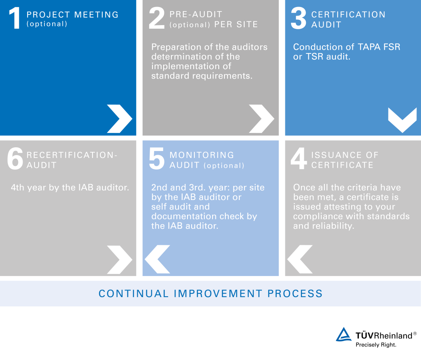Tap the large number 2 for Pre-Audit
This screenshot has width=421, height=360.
[157, 19]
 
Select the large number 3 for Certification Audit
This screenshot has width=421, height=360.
[298, 19]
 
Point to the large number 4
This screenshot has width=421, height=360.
[298, 160]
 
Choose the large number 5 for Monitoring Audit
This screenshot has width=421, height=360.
[157, 160]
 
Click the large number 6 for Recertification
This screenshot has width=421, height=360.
[15, 160]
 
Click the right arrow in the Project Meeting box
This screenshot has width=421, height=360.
[119, 118]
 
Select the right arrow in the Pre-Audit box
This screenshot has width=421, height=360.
[261, 118]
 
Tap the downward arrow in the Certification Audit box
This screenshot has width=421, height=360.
[402, 120]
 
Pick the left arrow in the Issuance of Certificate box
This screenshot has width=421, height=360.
[300, 259]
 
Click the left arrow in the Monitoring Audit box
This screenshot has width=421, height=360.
[157, 259]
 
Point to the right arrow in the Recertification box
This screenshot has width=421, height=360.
[119, 259]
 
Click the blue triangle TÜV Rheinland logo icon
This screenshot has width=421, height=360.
[343, 334]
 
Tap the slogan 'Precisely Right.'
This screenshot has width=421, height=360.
[376, 345]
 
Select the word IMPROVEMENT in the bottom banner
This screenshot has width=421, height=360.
[218, 294]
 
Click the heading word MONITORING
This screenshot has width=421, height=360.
[202, 155]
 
